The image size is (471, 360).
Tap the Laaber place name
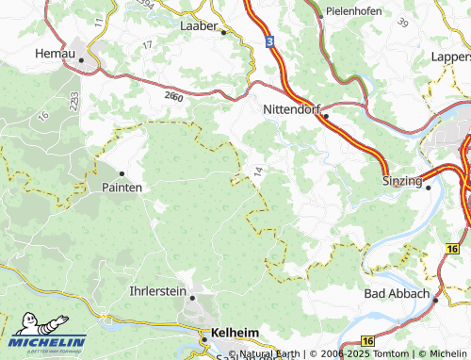[x=199, y=25]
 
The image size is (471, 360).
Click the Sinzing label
[x=401, y=180]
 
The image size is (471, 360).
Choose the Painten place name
[x=122, y=188]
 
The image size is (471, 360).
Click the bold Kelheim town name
[x=235, y=333]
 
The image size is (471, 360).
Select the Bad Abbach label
[x=397, y=294]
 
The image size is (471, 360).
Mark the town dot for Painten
[x=122, y=173]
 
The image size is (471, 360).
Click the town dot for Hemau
[x=82, y=59]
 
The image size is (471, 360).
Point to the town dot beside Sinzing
[x=429, y=187]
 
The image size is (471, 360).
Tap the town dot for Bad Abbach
[x=437, y=294]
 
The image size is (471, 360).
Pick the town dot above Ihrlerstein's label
[x=192, y=298]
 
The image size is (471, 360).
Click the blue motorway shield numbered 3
[x=268, y=42]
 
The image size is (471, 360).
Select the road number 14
[x=256, y=171]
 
